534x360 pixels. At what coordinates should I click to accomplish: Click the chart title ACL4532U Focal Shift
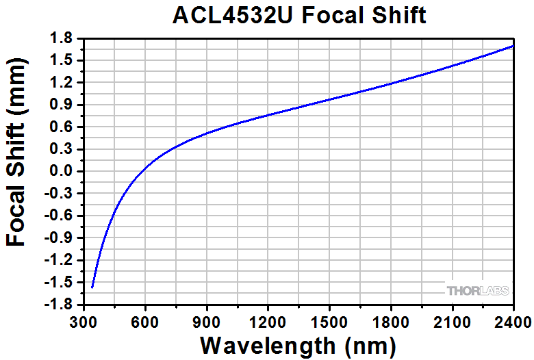pos(299,15)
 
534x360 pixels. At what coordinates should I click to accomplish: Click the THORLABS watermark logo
pos(479,291)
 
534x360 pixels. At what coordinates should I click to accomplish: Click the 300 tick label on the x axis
pos(84,320)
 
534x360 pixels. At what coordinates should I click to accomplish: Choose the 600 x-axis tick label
pos(145,320)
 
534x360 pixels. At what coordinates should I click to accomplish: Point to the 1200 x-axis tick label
pos(268,320)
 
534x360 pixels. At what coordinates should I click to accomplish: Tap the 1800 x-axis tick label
pos(391,320)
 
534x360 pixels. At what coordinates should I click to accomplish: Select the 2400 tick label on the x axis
pos(513,320)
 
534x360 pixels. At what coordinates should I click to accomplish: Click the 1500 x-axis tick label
pos(329,320)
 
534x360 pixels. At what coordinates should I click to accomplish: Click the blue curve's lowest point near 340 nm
pos(92,287)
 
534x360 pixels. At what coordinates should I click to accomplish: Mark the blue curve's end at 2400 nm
pos(513,46)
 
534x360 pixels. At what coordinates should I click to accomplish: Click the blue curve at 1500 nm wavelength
pos(329,99)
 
